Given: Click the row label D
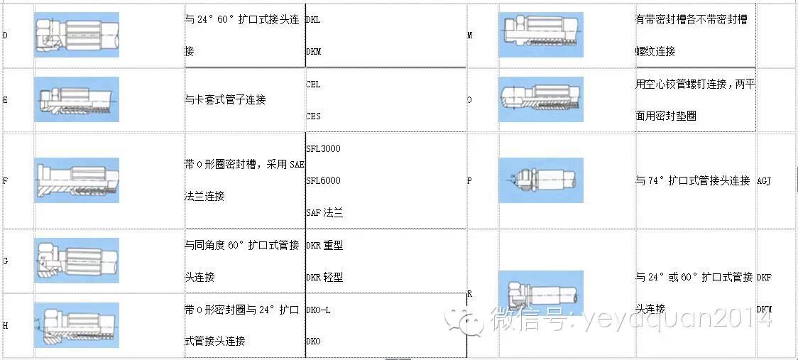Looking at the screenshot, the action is [x=6, y=36].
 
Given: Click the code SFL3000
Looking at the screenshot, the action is [x=323, y=148].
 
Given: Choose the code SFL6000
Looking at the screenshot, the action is [x=323, y=180].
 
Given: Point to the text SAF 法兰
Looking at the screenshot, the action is [x=324, y=212].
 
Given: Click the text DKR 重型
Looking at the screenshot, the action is [x=324, y=245].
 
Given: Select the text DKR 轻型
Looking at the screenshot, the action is [x=324, y=277].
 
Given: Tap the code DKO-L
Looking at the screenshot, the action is [x=318, y=310].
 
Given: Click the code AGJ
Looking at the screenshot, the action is [x=764, y=180].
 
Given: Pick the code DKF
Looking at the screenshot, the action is [x=764, y=277].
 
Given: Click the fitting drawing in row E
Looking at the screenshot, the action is [x=77, y=99].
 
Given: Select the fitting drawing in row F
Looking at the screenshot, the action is [x=77, y=180].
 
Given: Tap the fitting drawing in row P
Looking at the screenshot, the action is [x=540, y=180].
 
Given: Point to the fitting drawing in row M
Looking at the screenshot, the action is [x=540, y=36].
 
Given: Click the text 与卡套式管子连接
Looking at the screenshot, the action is [x=224, y=100].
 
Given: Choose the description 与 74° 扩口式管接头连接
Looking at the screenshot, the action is [x=692, y=180].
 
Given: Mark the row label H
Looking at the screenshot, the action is [x=6, y=325].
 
